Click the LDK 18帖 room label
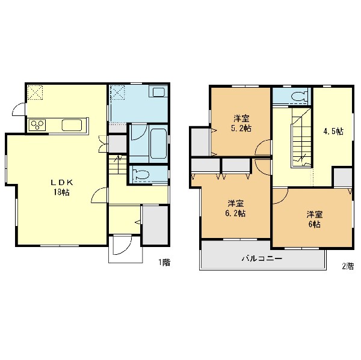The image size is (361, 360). click(62, 188)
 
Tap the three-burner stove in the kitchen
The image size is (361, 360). click(37, 125)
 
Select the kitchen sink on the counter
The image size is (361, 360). click(72, 125)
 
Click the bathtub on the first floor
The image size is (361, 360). click(158, 144)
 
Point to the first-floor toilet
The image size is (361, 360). click(141, 175)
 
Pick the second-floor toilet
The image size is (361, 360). click(298, 96)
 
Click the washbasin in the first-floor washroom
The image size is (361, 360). click(159, 91)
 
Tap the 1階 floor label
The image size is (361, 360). click(164, 263)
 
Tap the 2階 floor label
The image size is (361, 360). click(348, 266)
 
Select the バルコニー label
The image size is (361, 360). click(262, 258)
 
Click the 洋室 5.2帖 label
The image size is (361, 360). click(241, 124)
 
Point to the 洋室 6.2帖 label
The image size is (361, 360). click(235, 209)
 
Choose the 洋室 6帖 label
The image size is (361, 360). click(314, 219)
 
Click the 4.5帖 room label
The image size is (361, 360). click(333, 132)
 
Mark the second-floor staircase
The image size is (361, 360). click(301, 138)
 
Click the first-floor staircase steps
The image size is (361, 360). click(118, 165)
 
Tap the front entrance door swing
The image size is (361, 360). click(122, 245)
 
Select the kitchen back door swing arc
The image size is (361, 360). click(19, 109)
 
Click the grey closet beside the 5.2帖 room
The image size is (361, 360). click(200, 141)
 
